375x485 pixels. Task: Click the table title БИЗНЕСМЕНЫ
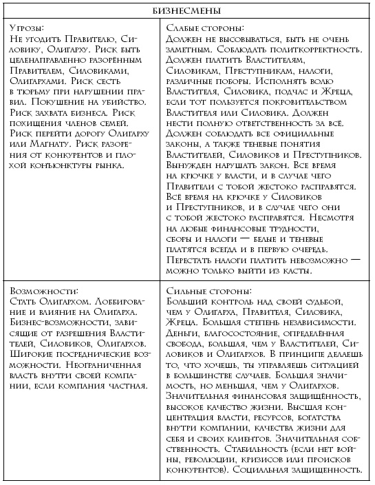point(187,11)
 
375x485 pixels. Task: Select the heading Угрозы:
point(27,28)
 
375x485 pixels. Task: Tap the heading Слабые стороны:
point(204,28)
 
